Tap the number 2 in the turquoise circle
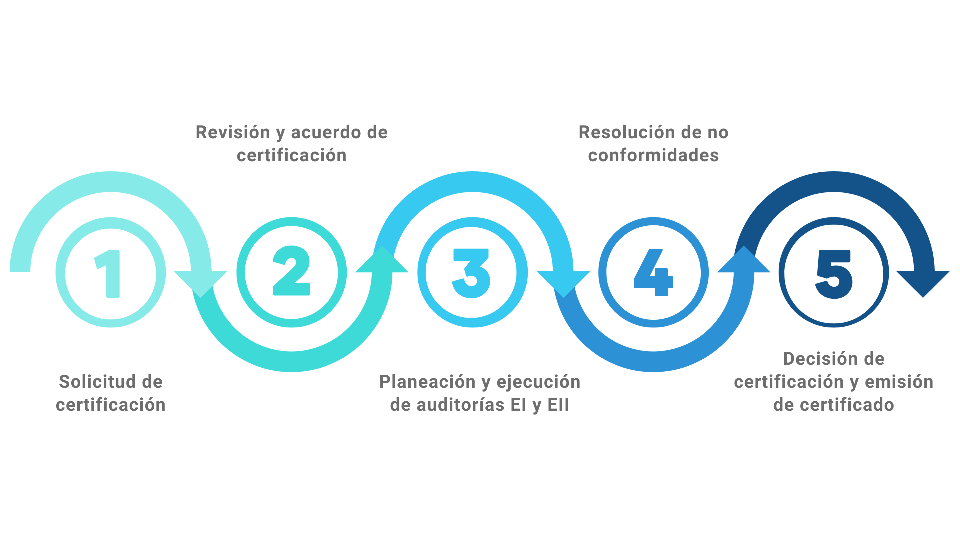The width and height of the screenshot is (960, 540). point(292,271)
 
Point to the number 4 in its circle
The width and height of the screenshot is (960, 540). point(653,272)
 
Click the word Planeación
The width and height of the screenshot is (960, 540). point(428,382)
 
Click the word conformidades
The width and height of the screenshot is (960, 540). point(653,155)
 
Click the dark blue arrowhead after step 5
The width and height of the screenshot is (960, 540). point(923,282)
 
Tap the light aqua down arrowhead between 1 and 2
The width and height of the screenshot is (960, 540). point(200,282)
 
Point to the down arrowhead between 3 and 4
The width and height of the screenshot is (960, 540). point(563,282)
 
